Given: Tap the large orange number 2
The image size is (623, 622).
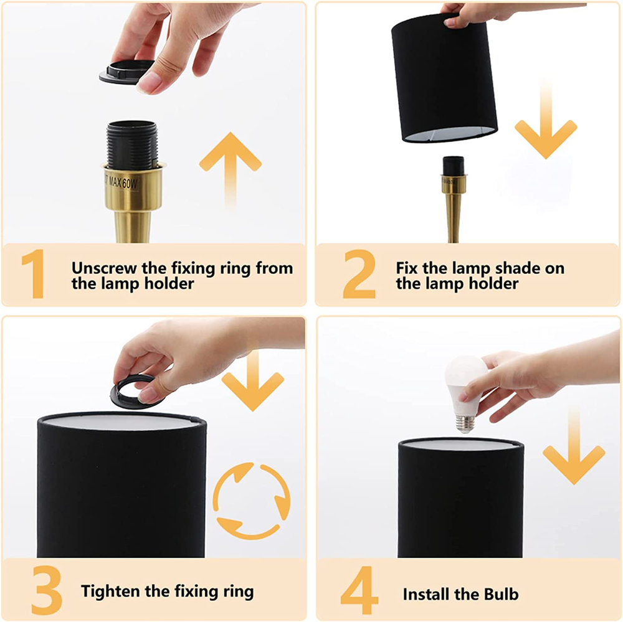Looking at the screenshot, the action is coord(359,274).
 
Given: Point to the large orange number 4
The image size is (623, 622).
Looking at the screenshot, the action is coord(359,590).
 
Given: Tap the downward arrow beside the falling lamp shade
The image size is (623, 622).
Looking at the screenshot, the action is coord(546,119).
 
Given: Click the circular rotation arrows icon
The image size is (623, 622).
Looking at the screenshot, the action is coord(251,501).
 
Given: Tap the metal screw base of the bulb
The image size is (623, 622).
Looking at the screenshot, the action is coord(465,424).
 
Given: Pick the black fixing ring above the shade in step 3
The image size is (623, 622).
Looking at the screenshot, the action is coord(135,391).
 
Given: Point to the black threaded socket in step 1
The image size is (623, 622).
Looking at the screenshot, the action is coord(132,145).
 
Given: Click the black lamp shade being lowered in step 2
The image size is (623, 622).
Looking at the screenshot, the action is coord(445,77).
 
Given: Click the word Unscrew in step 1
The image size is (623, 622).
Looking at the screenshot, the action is coord(104,268).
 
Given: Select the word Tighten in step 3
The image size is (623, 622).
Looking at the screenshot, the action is coord(110,591).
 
